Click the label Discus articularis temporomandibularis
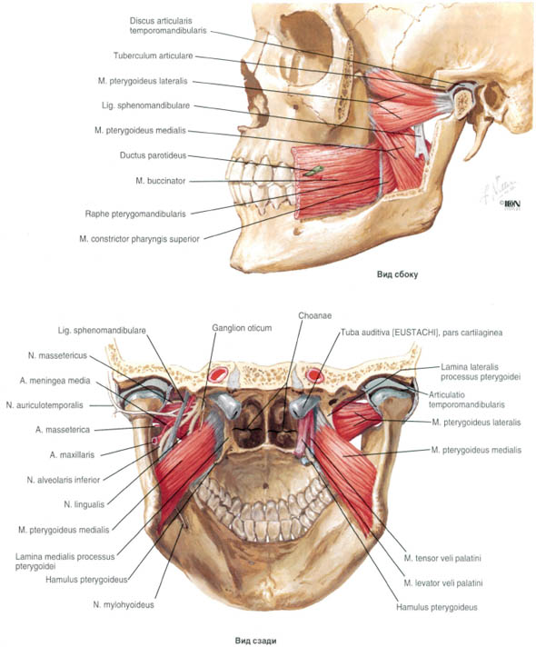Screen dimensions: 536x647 tap(168, 25)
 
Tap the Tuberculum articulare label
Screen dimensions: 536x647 tap(154, 55)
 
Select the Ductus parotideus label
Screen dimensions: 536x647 tap(154, 155)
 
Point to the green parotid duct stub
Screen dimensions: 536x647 tap(313, 171)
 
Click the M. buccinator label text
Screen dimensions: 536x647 tap(161, 181)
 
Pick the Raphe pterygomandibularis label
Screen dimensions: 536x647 tap(135, 214)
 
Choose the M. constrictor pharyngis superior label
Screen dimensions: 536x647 tap(140, 239)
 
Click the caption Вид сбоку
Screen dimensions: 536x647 tap(397, 274)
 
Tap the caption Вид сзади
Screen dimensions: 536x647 tap(256, 641)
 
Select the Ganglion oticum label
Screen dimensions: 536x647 tap(242, 328)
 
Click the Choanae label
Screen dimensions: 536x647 tap(315, 315)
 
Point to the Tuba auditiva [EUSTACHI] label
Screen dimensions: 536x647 tap(422, 333)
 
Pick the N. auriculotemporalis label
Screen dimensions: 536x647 tap(45, 405)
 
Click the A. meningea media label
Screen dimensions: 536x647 tap(55, 381)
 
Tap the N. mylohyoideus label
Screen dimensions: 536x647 tap(124, 605)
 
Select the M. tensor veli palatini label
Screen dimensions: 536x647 tap(442, 558)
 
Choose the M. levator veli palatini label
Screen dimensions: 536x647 tap(443, 583)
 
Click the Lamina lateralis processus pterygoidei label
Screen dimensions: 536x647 tap(481, 372)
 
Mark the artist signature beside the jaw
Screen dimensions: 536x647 tap(499, 191)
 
